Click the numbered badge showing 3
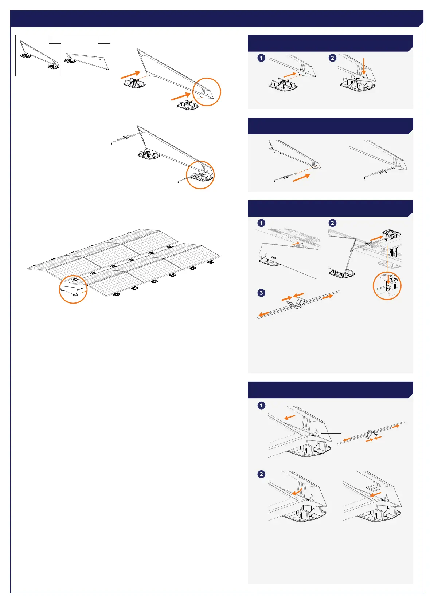pos(261,293)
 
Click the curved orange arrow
pos(297,491)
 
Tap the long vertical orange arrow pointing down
pos(364,66)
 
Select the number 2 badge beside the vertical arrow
pos(332,58)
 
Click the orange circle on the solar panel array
pos(73,289)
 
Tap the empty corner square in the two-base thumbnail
pos(55,39)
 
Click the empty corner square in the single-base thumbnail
pos(104,39)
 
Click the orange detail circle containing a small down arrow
pos(387,286)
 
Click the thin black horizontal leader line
pos(331,433)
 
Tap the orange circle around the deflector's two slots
pos(206,92)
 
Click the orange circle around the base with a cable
pos(200,175)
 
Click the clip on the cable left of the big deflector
pos(126,137)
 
